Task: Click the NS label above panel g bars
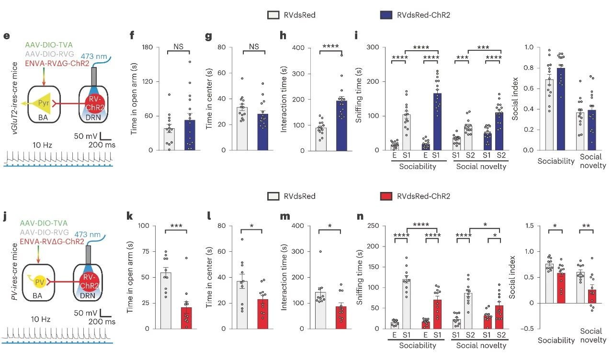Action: click(x=254, y=46)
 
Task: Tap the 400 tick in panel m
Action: click(x=301, y=226)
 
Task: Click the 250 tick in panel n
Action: click(x=375, y=226)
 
